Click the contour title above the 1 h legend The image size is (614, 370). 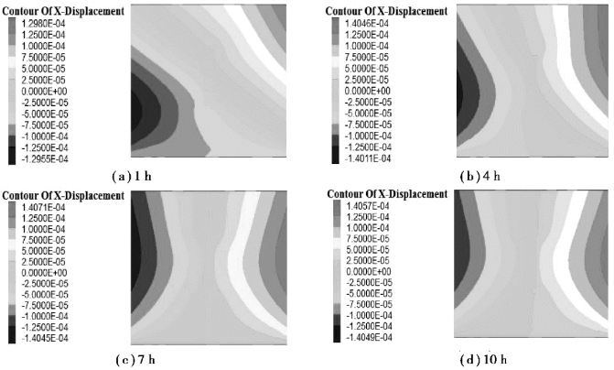coord(65,10)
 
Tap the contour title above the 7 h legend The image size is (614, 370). coord(65,196)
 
